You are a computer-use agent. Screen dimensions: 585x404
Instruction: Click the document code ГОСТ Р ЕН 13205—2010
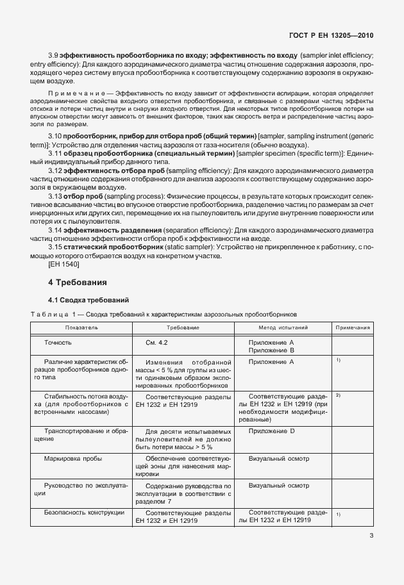pos(328,36)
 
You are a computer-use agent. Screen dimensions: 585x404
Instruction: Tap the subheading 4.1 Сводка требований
pos(89,300)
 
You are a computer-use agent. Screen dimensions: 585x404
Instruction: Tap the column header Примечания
pos(352,327)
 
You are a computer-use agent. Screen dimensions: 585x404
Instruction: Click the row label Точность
pos(58,343)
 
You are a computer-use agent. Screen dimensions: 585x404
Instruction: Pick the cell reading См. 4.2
pos(156,343)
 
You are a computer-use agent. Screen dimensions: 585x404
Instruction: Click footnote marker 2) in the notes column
pos(337,395)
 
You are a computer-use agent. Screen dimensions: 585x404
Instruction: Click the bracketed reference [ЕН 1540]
pos(63,264)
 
